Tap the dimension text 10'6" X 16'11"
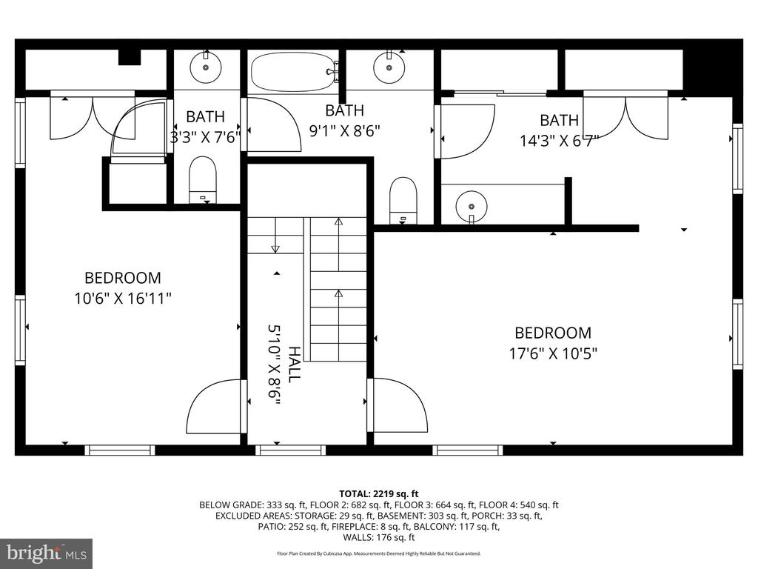[x=123, y=298]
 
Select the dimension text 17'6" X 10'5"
[x=553, y=353]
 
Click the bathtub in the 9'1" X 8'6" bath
[x=293, y=72]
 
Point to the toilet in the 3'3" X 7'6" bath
[x=202, y=179]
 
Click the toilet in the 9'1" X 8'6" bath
[x=403, y=201]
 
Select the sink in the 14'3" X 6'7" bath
[x=472, y=206]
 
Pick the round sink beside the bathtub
[x=389, y=67]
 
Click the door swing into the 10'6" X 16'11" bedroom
[x=214, y=406]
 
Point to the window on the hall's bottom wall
[x=290, y=450]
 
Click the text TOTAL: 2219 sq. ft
[x=378, y=494]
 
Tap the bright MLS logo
[x=47, y=553]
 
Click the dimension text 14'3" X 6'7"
[x=560, y=141]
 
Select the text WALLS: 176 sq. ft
[x=379, y=537]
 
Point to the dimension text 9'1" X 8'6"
[x=345, y=130]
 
